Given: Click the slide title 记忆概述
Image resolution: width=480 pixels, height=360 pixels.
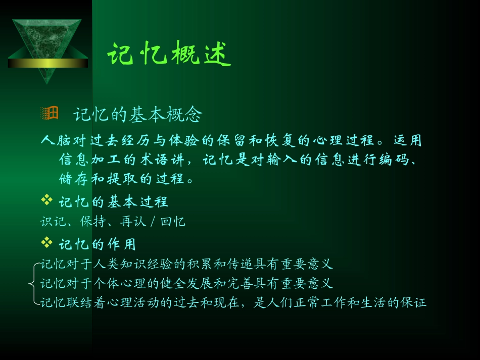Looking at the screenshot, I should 169,54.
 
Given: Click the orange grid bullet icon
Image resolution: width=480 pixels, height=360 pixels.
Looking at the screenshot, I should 49,114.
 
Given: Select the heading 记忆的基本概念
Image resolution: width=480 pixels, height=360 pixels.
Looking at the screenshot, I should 137,115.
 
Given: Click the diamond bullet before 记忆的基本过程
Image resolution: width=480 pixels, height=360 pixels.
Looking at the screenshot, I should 46,201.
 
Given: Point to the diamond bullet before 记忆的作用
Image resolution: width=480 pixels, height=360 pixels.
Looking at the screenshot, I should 46,243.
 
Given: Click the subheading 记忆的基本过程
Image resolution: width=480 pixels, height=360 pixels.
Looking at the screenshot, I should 113,202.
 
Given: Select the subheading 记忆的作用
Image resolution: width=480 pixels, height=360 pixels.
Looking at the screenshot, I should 97,245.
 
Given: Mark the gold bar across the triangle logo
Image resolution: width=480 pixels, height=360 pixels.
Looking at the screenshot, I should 48,63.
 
